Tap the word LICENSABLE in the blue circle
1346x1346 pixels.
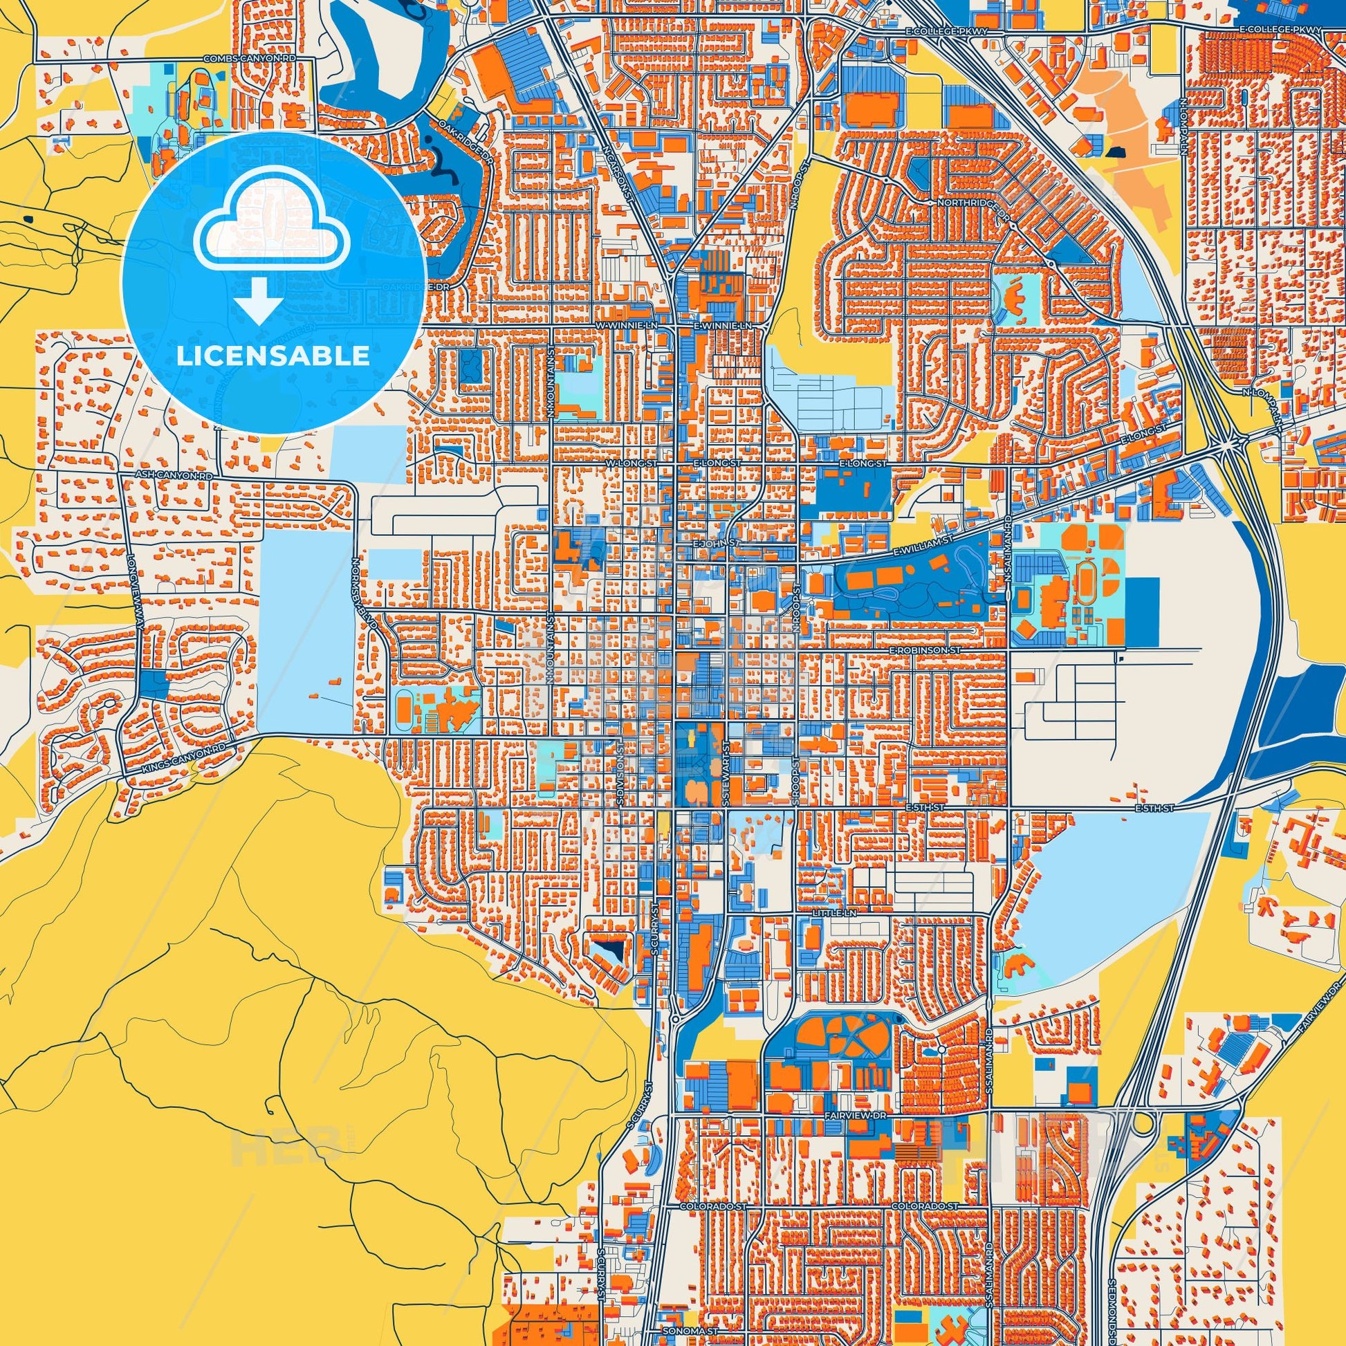click(273, 356)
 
